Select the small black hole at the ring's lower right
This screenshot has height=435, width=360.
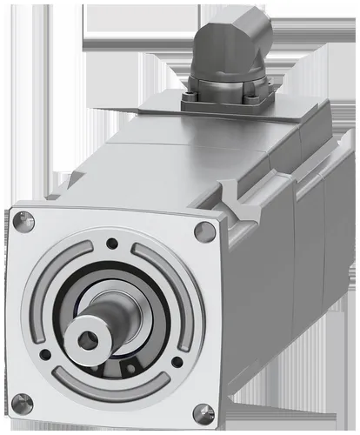point(177,358)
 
